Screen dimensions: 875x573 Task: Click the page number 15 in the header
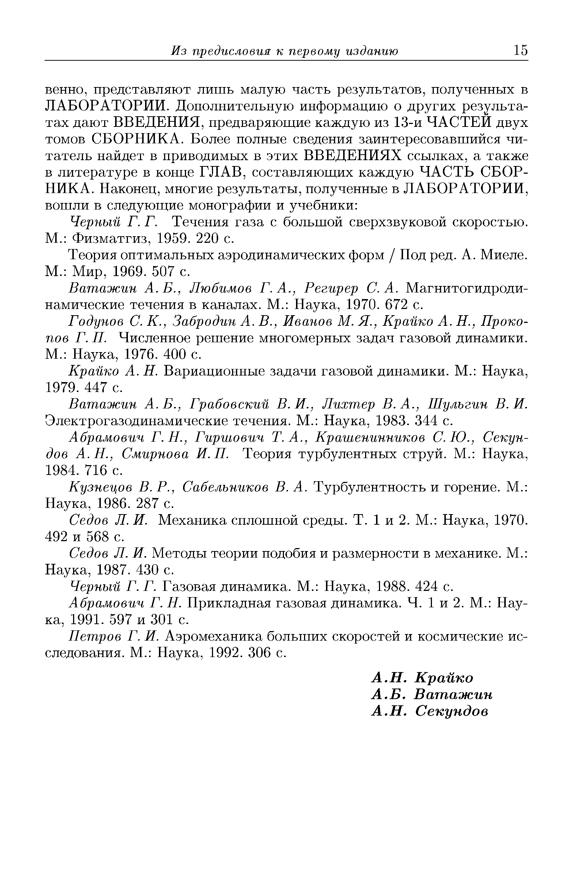coord(520,50)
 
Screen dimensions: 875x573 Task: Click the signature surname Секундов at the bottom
coord(452,712)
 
